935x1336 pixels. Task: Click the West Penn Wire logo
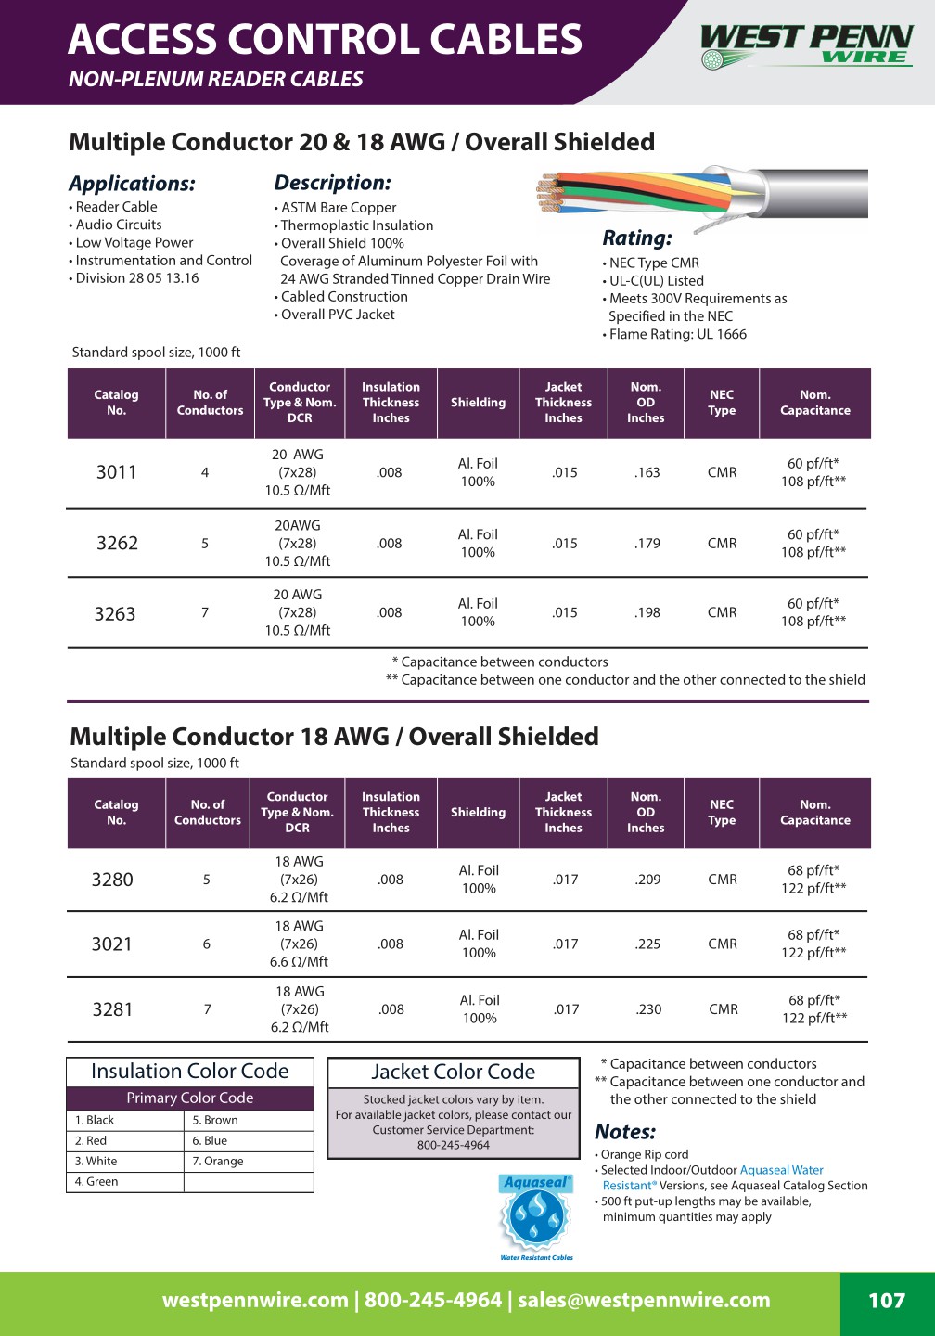point(806,45)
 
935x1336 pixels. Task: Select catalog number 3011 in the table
point(117,472)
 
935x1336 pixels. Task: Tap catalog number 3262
point(117,544)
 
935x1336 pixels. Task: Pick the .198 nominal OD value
point(647,612)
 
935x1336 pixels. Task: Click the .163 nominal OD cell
point(647,472)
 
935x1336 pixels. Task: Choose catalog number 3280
point(112,880)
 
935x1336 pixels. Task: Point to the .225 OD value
point(648,944)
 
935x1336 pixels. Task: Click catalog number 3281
point(112,1009)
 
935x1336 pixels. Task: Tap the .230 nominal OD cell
point(649,1009)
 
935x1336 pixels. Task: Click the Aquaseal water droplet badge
point(536,1216)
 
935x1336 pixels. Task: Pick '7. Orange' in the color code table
point(218,1161)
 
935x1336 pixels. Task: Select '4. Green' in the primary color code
point(96,1181)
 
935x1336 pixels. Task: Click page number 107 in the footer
point(887,1301)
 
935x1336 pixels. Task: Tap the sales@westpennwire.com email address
point(644,1301)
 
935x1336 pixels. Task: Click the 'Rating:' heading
point(637,238)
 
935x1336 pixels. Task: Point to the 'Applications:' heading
point(132,184)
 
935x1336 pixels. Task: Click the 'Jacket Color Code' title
point(454,1072)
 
